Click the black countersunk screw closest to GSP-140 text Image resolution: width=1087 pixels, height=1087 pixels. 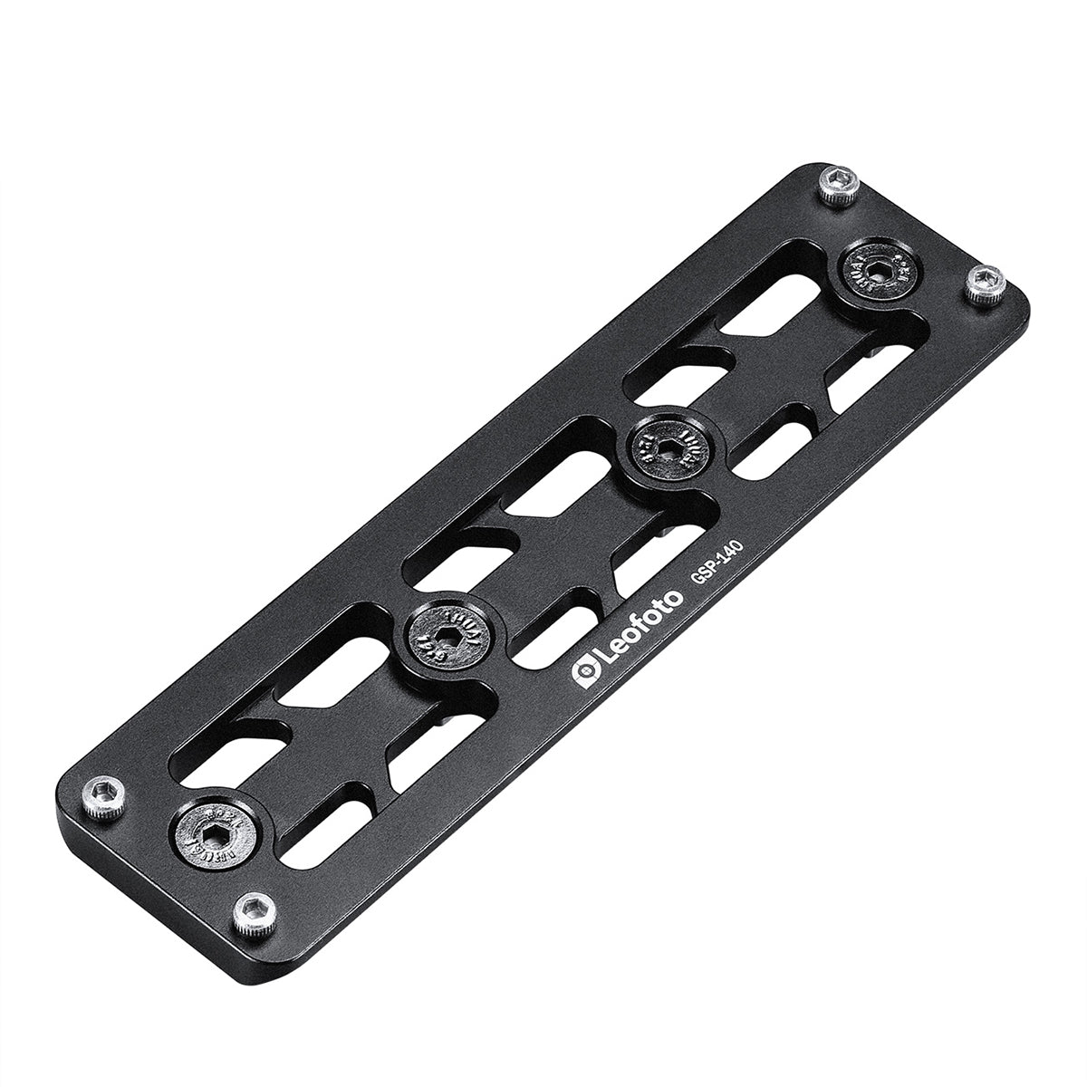click(x=665, y=445)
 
